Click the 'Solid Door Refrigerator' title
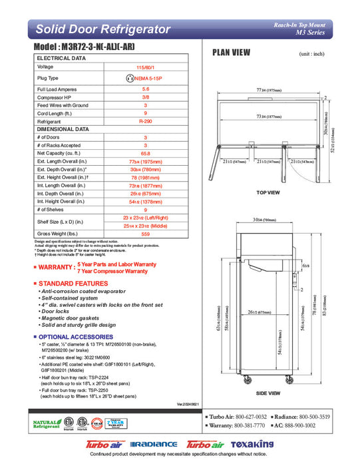coord(102,29)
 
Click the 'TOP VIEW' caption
coord(268,192)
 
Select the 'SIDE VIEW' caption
coord(268,394)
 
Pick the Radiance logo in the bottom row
coord(154,445)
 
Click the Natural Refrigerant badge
coord(47,423)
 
